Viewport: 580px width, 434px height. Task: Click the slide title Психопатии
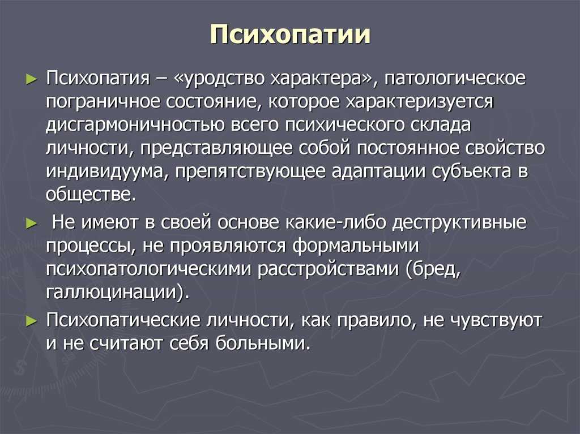(290, 36)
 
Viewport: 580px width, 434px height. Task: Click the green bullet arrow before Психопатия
(32, 79)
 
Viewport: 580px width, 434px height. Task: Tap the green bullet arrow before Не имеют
(32, 224)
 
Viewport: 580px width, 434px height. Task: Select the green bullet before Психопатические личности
(32, 321)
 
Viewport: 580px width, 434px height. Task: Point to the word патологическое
(455, 79)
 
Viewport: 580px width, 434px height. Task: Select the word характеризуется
(420, 102)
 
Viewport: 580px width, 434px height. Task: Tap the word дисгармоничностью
(135, 125)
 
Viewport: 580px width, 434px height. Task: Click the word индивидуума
(105, 171)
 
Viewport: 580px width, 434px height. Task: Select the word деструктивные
(459, 222)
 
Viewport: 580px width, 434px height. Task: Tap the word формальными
(356, 246)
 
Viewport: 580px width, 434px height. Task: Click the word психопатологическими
(149, 269)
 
